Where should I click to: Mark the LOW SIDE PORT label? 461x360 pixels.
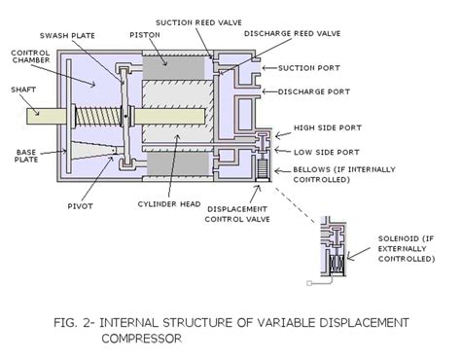click(x=333, y=151)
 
